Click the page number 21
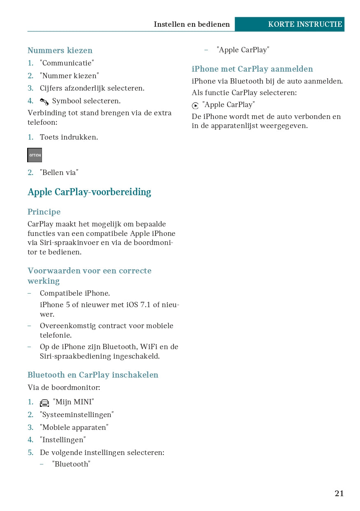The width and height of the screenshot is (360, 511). pyautogui.click(x=339, y=493)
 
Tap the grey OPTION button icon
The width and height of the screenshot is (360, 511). pyautogui.click(x=35, y=155)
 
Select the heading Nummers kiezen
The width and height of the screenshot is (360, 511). pyautogui.click(x=60, y=51)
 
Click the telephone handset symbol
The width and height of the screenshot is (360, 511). pyautogui.click(x=44, y=102)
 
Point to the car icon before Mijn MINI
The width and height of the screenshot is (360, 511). pyautogui.click(x=44, y=403)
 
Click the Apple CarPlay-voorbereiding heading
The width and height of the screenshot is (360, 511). pyautogui.click(x=89, y=192)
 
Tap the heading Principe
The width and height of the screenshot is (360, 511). pyautogui.click(x=44, y=212)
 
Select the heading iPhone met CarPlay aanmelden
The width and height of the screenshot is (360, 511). pyautogui.click(x=252, y=69)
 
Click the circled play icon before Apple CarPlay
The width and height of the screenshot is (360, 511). pyautogui.click(x=195, y=106)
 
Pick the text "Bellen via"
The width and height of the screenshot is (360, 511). pyautogui.click(x=59, y=173)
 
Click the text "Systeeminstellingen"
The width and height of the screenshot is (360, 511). pyautogui.click(x=77, y=415)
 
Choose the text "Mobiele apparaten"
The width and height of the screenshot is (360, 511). pyautogui.click(x=74, y=427)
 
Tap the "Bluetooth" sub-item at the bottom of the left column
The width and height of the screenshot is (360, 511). pyautogui.click(x=71, y=464)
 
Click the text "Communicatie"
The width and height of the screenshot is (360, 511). pyautogui.click(x=67, y=63)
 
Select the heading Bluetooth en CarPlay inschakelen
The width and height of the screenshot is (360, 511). pyautogui.click(x=93, y=375)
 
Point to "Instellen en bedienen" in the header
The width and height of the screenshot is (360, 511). pyautogui.click(x=192, y=24)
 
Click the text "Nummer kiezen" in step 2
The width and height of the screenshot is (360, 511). pyautogui.click(x=70, y=76)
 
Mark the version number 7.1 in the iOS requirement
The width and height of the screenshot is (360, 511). pyautogui.click(x=144, y=305)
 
